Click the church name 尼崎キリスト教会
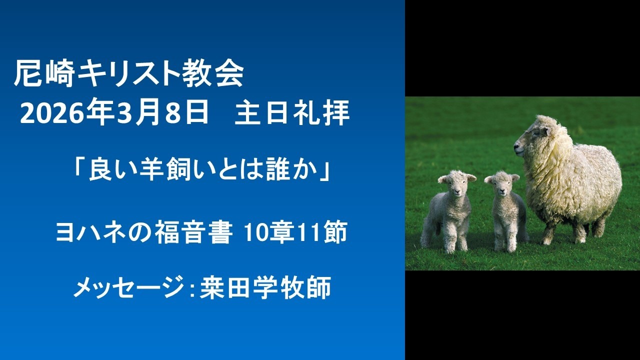point(129,75)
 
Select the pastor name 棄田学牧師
point(265,288)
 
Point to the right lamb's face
point(501,184)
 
